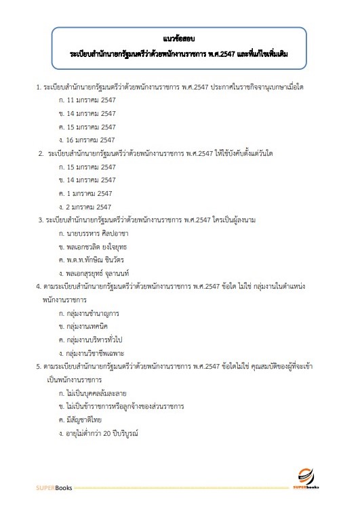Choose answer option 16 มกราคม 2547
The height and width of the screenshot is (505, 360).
pos(87,140)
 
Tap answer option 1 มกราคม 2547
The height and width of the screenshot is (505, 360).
pos(86,193)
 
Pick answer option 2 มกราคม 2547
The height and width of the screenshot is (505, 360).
pos(86,206)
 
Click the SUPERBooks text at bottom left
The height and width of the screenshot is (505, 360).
pos(54,488)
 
